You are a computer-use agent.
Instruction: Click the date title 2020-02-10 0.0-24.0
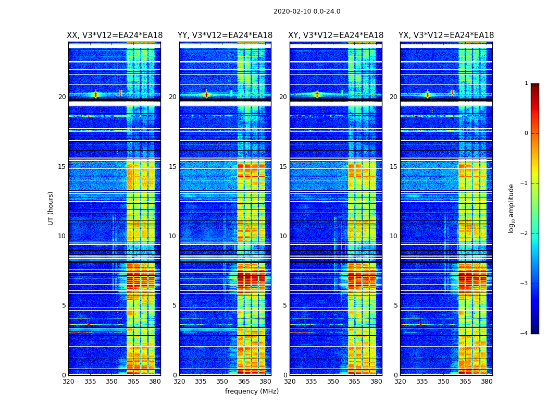tap(307, 11)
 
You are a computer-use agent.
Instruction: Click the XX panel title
tap(115, 35)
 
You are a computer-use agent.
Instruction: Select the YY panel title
tap(225, 35)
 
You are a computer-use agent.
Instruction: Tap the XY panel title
tap(336, 35)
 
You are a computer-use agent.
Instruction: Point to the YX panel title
tap(446, 35)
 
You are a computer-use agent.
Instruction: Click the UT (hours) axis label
tap(51, 208)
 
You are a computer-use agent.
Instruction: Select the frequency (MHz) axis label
tap(252, 391)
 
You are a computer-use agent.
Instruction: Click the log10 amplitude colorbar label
tap(512, 208)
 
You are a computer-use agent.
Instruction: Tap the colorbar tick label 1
tap(526, 83)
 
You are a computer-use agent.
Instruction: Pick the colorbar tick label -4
tap(525, 334)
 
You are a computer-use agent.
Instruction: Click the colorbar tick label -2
tap(525, 234)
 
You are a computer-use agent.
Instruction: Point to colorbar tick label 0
tap(526, 133)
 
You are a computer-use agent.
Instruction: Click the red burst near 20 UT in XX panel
tap(95, 94)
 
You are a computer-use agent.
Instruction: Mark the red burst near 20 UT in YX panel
tap(428, 94)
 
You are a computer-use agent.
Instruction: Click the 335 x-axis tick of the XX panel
tap(90, 382)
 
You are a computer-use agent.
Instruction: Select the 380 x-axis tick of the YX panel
tap(487, 382)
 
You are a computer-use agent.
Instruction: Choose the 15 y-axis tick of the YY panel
tap(172, 167)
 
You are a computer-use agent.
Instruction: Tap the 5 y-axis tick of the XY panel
tap(285, 305)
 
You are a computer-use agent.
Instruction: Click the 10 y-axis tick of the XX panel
tap(62, 236)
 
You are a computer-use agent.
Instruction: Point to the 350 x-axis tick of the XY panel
tap(333, 382)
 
